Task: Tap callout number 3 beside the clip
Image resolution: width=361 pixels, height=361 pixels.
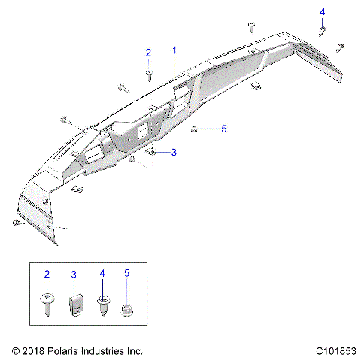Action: pos(174,152)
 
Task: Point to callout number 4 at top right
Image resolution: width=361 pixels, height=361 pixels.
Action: pos(323,12)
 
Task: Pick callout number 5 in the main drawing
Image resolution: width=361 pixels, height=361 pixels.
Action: pos(223,129)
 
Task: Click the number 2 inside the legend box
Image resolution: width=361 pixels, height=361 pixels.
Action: pos(47,275)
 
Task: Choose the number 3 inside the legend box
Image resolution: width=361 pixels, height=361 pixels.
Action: pos(74,275)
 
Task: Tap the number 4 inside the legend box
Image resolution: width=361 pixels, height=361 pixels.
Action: pos(101,275)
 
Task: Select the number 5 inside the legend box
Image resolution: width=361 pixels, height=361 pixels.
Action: pos(126,275)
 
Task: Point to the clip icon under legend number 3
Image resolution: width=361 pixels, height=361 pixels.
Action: pos(74,306)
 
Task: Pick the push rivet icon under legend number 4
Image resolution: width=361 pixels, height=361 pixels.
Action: pos(101,305)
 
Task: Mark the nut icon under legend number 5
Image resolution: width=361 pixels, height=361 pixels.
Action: pos(126,308)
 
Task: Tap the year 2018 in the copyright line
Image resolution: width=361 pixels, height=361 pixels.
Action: pos(35,351)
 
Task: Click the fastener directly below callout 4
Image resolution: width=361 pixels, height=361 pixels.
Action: pos(323,31)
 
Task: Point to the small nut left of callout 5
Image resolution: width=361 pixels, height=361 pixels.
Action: pos(194,129)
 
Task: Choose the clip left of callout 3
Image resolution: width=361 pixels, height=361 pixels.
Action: pos(150,152)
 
